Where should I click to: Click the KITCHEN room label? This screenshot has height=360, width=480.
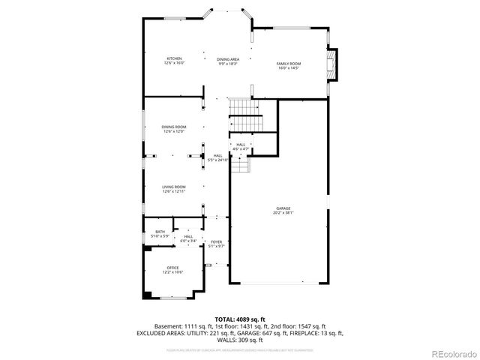pyautogui.click(x=174, y=58)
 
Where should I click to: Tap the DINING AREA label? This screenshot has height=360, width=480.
pyautogui.click(x=228, y=59)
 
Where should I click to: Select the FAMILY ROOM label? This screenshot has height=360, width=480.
pyautogui.click(x=289, y=64)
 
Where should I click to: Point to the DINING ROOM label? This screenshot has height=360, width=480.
pyautogui.click(x=174, y=127)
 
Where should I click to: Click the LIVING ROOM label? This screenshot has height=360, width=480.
pyautogui.click(x=174, y=187)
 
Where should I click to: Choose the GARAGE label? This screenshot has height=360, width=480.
pyautogui.click(x=283, y=208)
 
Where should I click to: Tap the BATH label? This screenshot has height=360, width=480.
pyautogui.click(x=160, y=232)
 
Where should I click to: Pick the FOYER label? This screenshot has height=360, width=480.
pyautogui.click(x=216, y=241)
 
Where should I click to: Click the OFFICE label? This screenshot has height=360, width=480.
pyautogui.click(x=173, y=268)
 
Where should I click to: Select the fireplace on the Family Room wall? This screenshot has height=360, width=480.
pyautogui.click(x=333, y=65)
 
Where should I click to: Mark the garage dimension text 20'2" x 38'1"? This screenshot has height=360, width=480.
pyautogui.click(x=283, y=214)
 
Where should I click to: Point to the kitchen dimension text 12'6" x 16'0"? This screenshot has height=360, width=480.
pyautogui.click(x=174, y=64)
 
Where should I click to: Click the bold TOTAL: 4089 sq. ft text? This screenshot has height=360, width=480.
pyautogui.click(x=240, y=319)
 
